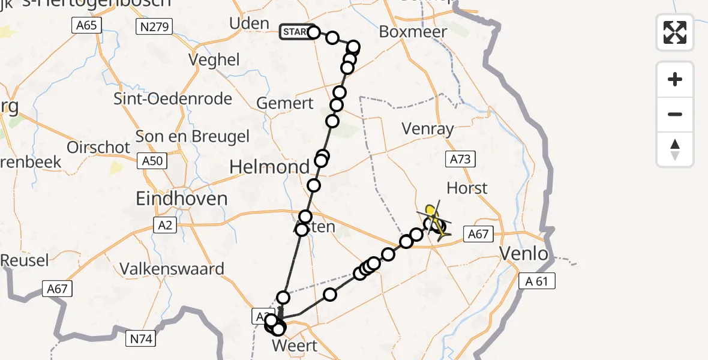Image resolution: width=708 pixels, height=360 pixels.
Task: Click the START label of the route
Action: point(295,32)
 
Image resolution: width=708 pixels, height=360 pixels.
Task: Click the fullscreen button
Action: point(675,32)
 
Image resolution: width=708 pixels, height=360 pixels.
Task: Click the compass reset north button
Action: point(675,149)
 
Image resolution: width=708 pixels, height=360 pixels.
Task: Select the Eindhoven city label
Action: point(182,199)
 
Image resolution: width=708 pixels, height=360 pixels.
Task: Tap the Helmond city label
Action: point(269,166)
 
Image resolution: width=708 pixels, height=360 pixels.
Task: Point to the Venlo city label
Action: point(524,254)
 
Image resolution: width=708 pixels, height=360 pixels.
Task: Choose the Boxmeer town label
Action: point(413,32)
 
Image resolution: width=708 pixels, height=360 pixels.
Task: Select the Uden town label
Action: point(249,23)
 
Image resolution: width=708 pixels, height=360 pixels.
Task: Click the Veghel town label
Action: point(214,60)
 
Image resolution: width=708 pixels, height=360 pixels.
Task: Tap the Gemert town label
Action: point(284,103)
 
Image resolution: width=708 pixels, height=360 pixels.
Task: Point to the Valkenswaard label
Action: point(172,268)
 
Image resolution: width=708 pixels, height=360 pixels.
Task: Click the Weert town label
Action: point(294,346)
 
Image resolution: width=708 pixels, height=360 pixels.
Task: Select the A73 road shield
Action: point(460,159)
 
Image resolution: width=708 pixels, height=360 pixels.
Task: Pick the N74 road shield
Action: point(142,339)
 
